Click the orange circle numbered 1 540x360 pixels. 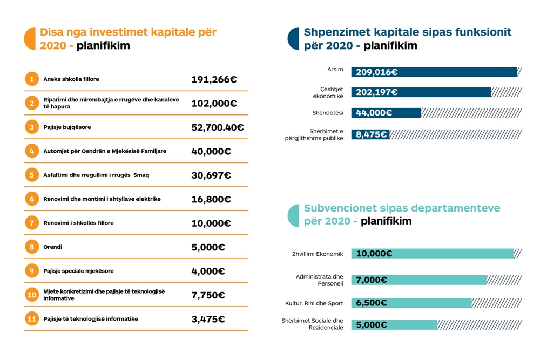32,79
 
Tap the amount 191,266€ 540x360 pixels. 214,79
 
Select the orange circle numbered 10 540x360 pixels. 32,295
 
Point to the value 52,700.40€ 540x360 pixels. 217,127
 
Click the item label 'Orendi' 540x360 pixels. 53,247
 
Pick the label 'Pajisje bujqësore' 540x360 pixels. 67,127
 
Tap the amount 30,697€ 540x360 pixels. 211,175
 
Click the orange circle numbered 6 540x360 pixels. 32,199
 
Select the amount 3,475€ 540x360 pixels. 208,319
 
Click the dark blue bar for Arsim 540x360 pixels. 434,72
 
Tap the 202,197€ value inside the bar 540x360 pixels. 376,92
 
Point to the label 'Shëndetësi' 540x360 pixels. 328,113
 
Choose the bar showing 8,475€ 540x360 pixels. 370,134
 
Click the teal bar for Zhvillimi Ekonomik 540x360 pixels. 432,254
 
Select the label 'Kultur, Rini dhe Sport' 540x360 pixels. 314,303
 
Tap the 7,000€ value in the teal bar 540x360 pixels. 372,280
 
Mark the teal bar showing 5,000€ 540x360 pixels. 394,325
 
